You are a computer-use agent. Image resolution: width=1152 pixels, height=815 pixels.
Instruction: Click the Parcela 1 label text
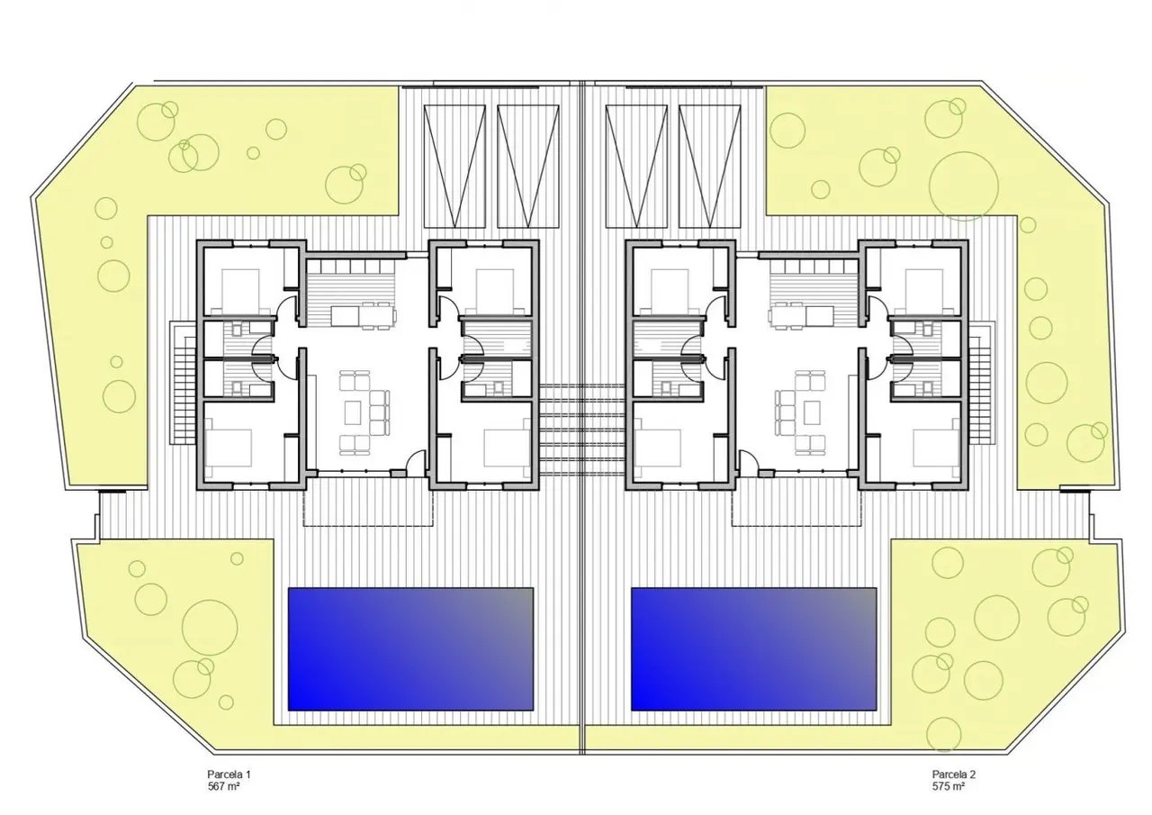[229, 774]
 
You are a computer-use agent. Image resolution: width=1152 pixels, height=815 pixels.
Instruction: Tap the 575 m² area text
[949, 786]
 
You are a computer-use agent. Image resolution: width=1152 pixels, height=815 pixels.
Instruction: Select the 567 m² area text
[224, 786]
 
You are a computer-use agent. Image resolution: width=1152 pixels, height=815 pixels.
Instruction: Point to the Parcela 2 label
[954, 774]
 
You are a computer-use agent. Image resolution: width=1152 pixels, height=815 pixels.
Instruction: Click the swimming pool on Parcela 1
[410, 648]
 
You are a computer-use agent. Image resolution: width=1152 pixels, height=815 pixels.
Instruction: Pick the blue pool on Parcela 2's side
[754, 648]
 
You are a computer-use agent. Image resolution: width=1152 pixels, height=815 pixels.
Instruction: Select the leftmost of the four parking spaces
[454, 167]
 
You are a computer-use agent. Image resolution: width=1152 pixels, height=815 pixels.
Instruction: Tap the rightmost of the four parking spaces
[710, 167]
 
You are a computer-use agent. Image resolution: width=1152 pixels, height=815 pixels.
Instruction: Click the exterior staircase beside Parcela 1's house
[183, 384]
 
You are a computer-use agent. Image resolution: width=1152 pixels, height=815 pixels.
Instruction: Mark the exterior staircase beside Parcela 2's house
[982, 384]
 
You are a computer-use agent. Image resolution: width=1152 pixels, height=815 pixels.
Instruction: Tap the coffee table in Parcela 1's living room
[352, 413]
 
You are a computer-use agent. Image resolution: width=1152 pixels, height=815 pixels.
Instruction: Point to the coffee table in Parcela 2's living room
[813, 413]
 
